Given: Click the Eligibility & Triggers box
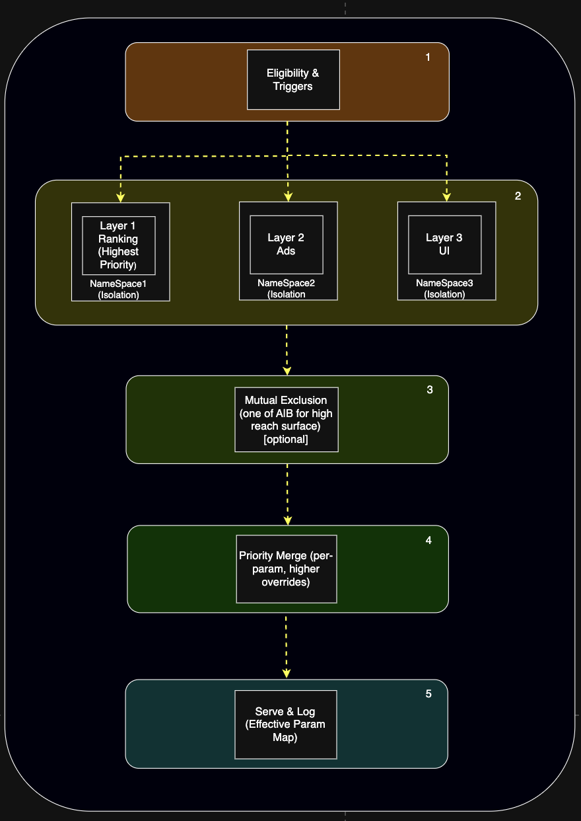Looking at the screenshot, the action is click(293, 79).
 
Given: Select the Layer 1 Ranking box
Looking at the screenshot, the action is click(119, 245).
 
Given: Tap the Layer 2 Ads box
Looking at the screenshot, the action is click(287, 245).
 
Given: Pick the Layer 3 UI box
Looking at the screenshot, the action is click(445, 245).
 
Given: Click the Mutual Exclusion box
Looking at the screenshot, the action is click(287, 419).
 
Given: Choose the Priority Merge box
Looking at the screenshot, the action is click(287, 569).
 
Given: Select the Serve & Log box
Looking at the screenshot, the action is click(286, 724).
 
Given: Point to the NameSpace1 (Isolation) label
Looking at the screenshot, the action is click(118, 289).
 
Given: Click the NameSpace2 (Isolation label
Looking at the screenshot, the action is click(287, 288).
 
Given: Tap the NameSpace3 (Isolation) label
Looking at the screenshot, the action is click(444, 288).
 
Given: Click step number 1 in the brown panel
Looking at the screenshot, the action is click(428, 57).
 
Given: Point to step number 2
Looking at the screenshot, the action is click(518, 196).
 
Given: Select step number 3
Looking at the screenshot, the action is click(430, 389).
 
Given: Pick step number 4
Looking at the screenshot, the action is click(428, 540).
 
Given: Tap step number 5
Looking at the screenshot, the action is click(428, 693).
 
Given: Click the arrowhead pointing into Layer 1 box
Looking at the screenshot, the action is click(120, 198).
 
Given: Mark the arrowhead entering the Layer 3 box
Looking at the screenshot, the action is click(446, 197).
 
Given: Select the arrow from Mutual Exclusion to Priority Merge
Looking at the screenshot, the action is click(287, 494).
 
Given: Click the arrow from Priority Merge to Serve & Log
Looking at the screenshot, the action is click(287, 647).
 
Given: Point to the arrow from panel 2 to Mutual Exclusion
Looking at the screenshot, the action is click(287, 350).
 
